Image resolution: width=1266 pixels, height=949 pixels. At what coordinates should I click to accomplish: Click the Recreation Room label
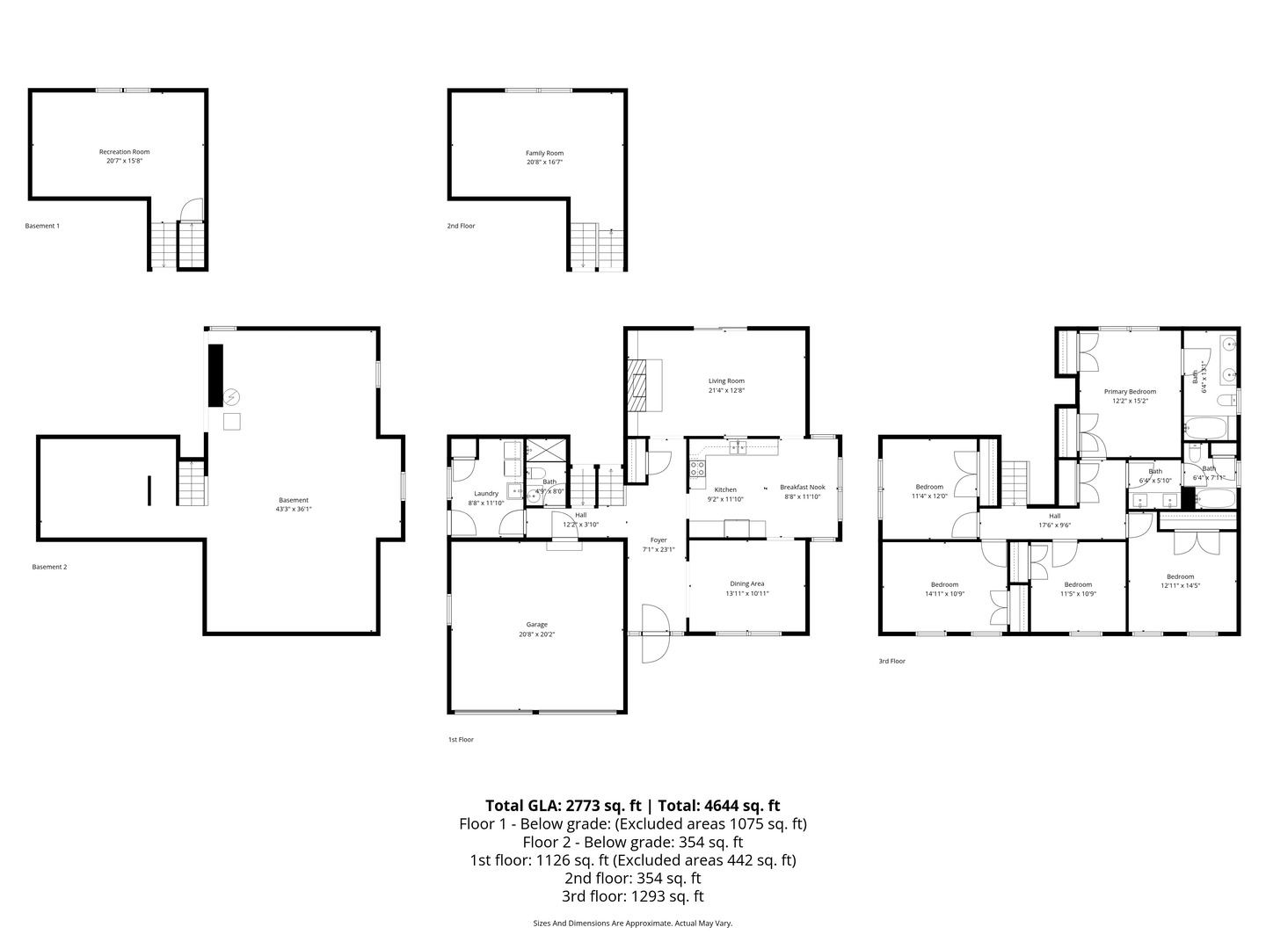124,152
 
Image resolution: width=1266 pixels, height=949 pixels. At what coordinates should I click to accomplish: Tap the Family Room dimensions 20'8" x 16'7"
544,162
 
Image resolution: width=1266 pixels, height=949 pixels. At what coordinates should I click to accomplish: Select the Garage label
536,625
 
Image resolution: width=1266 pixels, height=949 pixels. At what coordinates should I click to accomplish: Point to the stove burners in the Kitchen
697,467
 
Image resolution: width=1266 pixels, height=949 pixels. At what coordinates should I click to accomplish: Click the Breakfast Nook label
802,487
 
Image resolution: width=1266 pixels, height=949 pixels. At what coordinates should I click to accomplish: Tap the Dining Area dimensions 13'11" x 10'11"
746,593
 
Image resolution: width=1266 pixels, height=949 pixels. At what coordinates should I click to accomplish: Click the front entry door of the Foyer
655,634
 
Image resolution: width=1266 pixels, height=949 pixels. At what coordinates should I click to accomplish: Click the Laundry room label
485,493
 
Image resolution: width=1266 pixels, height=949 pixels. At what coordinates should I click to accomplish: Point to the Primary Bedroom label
1130,391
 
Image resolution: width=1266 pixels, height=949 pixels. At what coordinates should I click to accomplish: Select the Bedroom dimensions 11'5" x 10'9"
1078,594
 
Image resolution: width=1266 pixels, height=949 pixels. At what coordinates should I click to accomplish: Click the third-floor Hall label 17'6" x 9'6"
1054,516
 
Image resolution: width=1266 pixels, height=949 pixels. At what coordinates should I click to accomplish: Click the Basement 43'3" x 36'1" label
294,500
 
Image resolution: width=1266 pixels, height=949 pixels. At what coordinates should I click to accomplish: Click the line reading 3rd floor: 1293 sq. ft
632,896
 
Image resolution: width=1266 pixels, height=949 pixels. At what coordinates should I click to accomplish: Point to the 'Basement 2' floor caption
49,567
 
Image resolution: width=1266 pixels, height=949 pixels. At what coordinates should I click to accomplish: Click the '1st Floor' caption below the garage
461,740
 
